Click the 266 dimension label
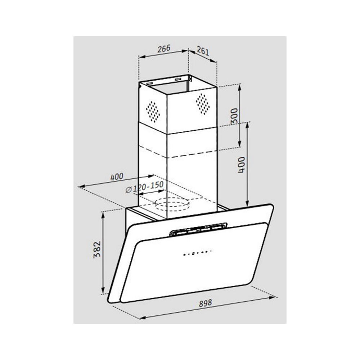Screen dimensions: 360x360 pos(164,49)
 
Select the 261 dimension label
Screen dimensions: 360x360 pos(203,51)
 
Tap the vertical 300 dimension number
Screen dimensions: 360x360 pos(234,116)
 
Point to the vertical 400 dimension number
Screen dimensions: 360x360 pos(241,165)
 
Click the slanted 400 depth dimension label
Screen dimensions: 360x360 pos(117,177)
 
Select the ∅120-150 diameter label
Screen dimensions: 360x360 pos(144,187)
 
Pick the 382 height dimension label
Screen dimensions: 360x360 pos(97,249)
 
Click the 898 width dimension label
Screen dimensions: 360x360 pos(205,303)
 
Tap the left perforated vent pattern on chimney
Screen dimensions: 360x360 pos(153,112)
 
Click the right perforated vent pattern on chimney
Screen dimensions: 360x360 pos(203,104)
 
